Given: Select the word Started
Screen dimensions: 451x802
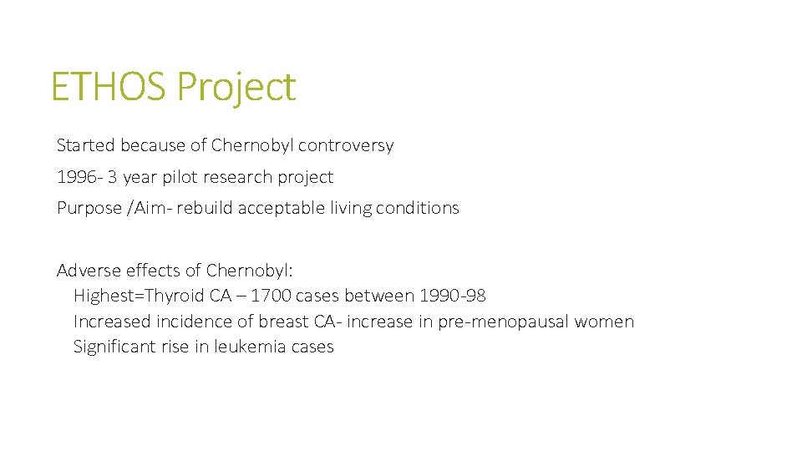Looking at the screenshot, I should (x=86, y=145).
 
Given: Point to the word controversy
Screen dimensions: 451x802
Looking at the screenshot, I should (x=345, y=145).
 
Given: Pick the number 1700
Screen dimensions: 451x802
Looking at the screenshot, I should (x=272, y=296).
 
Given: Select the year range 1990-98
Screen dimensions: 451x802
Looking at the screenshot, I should (x=452, y=296).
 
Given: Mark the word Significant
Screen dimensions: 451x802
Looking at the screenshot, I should (x=113, y=347).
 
